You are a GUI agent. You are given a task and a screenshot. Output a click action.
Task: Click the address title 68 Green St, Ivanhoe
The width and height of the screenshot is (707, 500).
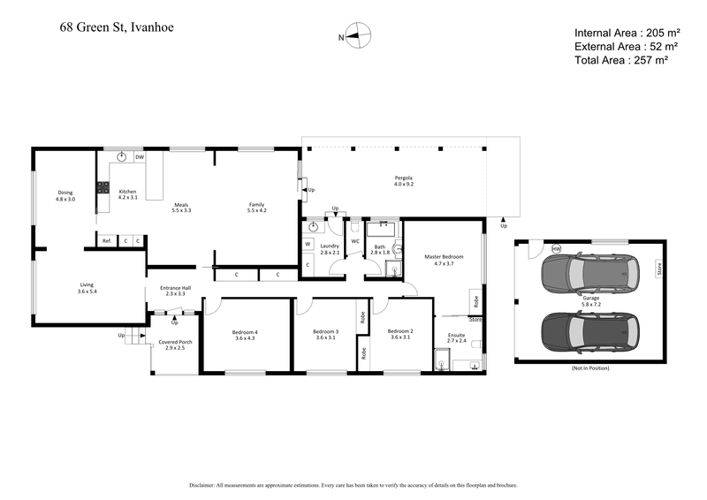tap(117, 27)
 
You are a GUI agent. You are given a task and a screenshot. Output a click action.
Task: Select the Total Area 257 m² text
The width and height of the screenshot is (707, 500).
tap(620, 60)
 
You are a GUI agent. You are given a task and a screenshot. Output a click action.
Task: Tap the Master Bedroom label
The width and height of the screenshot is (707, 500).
tap(444, 260)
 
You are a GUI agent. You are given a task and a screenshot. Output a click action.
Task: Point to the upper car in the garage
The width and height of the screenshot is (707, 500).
tap(589, 276)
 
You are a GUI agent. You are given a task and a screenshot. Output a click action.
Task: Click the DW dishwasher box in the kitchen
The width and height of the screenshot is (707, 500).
tap(140, 157)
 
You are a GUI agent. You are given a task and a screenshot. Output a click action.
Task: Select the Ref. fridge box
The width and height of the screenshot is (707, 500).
tap(106, 240)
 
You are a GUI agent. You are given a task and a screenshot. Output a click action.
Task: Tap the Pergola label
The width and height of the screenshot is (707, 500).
tap(404, 182)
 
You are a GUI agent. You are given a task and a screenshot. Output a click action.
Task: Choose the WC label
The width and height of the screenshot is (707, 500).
tap(355, 240)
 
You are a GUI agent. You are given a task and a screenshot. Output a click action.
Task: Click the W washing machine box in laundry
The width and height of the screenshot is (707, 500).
tap(308, 244)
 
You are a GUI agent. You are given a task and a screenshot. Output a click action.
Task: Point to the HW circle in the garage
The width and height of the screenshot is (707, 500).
tap(556, 250)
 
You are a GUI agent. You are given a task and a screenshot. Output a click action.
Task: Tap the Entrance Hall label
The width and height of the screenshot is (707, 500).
tap(175, 290)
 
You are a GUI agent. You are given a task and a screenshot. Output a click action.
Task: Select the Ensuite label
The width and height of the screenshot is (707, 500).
tap(457, 337)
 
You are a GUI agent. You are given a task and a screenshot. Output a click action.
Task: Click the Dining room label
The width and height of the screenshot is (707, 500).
tap(65, 195)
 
